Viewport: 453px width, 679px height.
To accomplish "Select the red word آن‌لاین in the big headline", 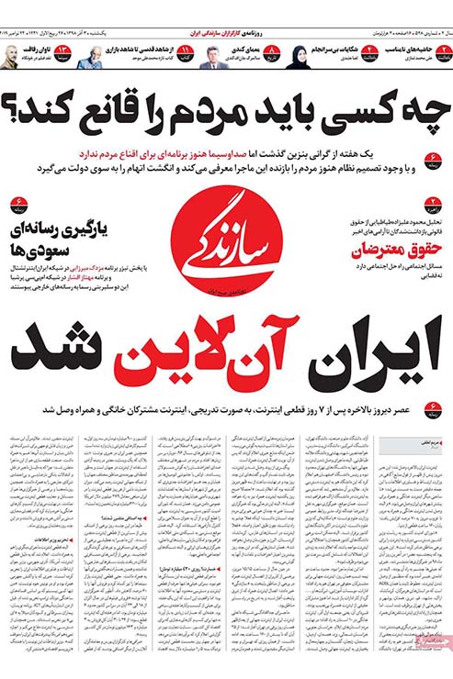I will click(x=211, y=350).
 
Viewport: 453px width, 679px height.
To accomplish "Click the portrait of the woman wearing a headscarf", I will click(x=301, y=58).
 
